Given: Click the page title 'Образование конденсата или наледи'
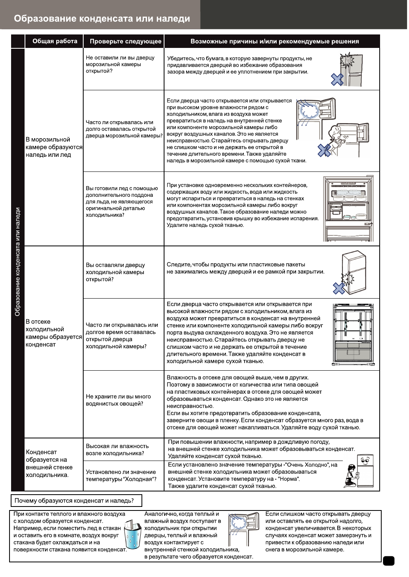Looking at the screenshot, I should tap(102, 19).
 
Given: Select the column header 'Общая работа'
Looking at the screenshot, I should tap(55, 41).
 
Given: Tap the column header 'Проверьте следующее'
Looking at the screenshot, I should tap(125, 41).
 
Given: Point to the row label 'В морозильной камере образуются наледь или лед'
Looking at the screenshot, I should tap(54, 147).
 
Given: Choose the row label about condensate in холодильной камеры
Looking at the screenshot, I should tap(54, 333).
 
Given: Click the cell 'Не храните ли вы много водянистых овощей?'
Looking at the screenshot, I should tap(118, 400).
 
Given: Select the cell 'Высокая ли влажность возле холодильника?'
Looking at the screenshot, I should tap(117, 449).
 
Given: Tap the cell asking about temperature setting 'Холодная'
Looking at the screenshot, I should tap(121, 475).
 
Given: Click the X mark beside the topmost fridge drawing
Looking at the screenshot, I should tap(337, 80).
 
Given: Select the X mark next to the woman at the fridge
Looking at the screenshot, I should tap(324, 150).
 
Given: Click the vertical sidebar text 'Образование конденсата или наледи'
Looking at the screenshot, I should tap(17, 262).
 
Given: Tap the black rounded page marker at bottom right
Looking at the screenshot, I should tap(389, 561).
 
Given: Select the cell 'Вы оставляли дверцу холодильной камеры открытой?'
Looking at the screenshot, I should tap(115, 272).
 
